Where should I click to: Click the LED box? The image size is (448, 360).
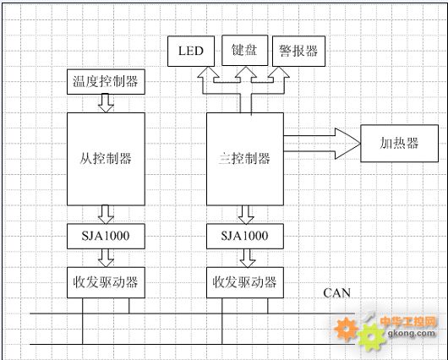tap(191, 52)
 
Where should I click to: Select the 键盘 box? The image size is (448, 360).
tap(245, 51)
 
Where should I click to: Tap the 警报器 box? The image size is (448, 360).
tap(298, 52)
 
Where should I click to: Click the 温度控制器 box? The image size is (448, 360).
tap(106, 82)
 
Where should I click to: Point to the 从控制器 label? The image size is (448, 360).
tap(106, 159)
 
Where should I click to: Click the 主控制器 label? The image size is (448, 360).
tap(244, 159)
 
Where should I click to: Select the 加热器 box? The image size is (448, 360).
tap(399, 143)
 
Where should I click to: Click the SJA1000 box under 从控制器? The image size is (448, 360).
tap(106, 236)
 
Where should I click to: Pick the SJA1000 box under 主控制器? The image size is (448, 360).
tap(245, 236)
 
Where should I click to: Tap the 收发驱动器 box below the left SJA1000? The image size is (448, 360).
tap(106, 282)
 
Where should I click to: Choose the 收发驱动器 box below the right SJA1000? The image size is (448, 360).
tap(245, 282)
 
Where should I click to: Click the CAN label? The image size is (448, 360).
tap(337, 293)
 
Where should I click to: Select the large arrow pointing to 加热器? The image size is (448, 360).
tap(322, 144)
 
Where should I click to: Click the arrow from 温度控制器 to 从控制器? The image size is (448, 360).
tap(106, 103)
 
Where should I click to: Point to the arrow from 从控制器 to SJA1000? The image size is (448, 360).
tap(106, 215)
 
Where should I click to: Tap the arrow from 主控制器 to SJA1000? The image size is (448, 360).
tap(246, 215)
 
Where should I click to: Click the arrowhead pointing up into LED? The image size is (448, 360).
tap(208, 73)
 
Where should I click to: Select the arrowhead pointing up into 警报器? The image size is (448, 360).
tap(279, 73)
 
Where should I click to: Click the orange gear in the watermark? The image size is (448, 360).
tap(347, 329)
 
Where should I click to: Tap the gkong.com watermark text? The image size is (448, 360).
tap(412, 333)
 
